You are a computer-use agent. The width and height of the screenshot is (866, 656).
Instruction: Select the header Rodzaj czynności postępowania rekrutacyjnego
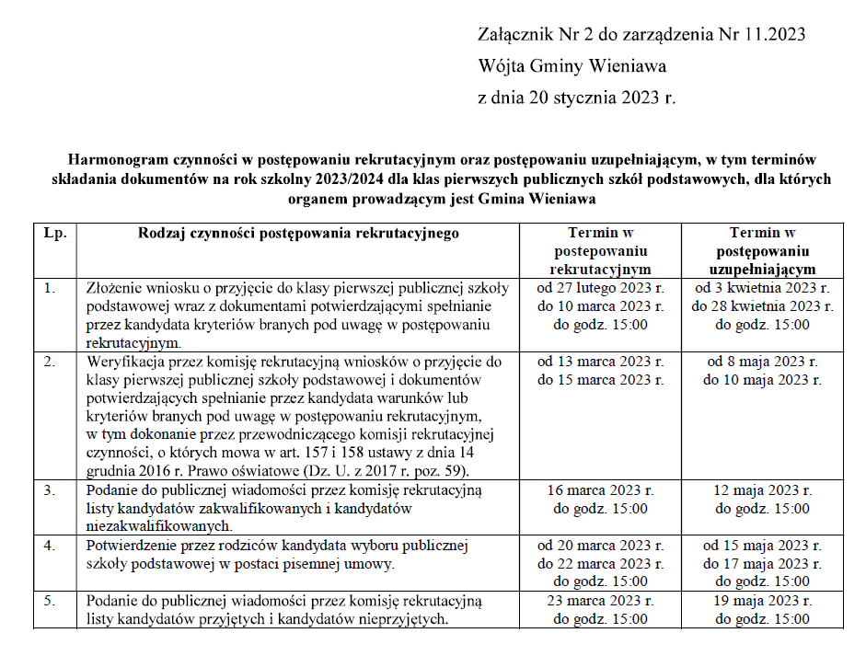pyautogui.click(x=298, y=233)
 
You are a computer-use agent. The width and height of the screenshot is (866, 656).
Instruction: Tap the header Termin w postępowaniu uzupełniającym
pyautogui.click(x=762, y=251)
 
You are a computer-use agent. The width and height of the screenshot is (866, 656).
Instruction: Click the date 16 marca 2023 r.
pyautogui.click(x=600, y=490)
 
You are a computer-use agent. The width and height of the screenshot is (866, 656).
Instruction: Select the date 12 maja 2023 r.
pyautogui.click(x=762, y=490)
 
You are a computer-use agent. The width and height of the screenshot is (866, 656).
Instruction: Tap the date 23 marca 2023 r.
pyautogui.click(x=600, y=601)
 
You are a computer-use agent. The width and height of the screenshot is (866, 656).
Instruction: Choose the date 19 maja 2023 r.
pyautogui.click(x=762, y=601)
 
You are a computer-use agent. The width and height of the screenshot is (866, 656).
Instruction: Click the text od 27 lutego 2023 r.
pyautogui.click(x=600, y=288)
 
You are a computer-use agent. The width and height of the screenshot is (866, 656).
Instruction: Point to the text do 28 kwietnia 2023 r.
pyautogui.click(x=762, y=306)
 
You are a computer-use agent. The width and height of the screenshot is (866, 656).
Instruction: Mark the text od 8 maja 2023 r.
pyautogui.click(x=762, y=362)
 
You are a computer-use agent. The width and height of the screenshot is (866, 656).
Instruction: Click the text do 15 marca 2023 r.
pyautogui.click(x=600, y=380)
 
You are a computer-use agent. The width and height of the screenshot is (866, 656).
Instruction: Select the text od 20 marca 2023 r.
pyautogui.click(x=600, y=546)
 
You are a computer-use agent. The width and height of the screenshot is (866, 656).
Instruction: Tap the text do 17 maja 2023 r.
pyautogui.click(x=762, y=564)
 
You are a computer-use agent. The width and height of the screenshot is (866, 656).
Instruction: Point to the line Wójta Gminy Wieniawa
pyautogui.click(x=572, y=66)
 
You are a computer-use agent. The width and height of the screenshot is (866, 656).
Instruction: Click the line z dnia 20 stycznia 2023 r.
pyautogui.click(x=577, y=98)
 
